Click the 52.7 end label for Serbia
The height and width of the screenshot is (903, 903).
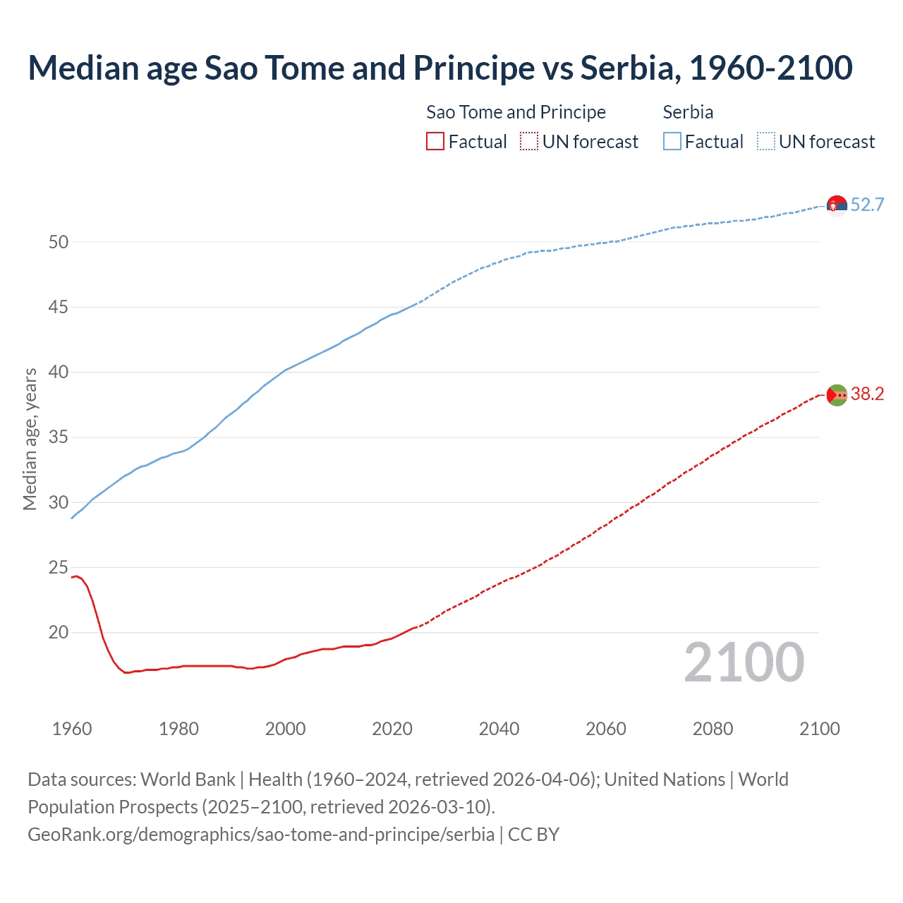867,205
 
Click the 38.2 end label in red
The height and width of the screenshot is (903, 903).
867,394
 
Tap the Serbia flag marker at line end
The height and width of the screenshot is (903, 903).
837,205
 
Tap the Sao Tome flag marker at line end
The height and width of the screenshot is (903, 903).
837,395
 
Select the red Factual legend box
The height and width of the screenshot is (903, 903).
435,142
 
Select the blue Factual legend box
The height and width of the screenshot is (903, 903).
672,142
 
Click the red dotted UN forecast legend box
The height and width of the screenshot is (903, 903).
529,142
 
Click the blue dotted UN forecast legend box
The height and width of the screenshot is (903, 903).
765,142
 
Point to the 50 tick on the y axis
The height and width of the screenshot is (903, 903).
59,242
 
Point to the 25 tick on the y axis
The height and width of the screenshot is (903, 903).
59,567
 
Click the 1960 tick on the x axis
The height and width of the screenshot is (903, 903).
72,729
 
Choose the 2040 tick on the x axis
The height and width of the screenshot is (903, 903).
499,729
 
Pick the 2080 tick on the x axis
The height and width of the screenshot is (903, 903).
713,729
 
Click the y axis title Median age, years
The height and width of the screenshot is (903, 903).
30,439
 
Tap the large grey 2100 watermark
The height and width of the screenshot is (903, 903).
744,662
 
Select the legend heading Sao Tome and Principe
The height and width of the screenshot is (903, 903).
516,112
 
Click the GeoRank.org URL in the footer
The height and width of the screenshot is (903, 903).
261,835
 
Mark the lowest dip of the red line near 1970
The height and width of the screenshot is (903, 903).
127,672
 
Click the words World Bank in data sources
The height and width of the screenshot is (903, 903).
188,780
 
